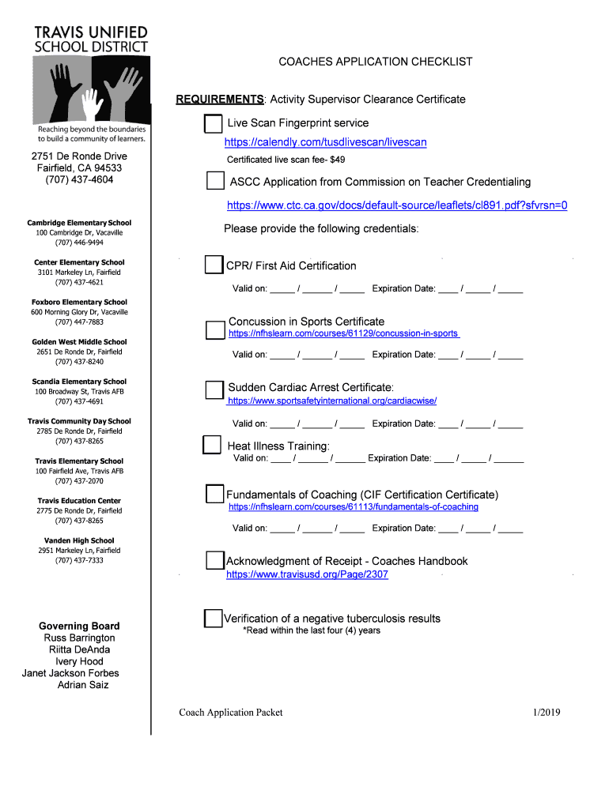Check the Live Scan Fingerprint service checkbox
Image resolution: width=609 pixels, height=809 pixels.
[x=214, y=124]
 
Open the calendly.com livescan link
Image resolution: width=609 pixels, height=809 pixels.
[x=325, y=142]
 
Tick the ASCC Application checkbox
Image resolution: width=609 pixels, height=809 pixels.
[x=215, y=182]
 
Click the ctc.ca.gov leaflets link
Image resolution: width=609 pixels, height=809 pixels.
[x=397, y=205]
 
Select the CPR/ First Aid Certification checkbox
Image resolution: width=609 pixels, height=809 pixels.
[x=214, y=265]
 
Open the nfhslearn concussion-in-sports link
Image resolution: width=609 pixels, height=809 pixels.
[x=343, y=334]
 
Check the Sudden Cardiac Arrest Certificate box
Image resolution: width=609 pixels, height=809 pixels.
[x=214, y=389]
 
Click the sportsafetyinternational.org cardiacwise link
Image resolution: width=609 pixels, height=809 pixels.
[x=332, y=401]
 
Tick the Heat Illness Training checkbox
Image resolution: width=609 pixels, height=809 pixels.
[x=211, y=445]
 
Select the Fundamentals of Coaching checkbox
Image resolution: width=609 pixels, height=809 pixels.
[x=214, y=495]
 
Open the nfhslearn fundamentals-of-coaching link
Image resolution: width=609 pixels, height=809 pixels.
[x=354, y=506]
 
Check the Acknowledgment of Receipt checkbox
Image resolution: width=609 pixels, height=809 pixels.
[x=214, y=561]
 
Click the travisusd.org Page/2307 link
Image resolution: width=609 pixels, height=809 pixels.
[x=307, y=574]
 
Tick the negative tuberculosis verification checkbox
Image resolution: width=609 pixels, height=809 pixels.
[x=213, y=618]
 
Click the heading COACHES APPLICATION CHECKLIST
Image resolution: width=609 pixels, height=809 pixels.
[x=375, y=62]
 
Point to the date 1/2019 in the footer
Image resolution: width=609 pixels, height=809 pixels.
[x=547, y=713]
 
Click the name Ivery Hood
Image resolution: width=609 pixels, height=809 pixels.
[x=79, y=661]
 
